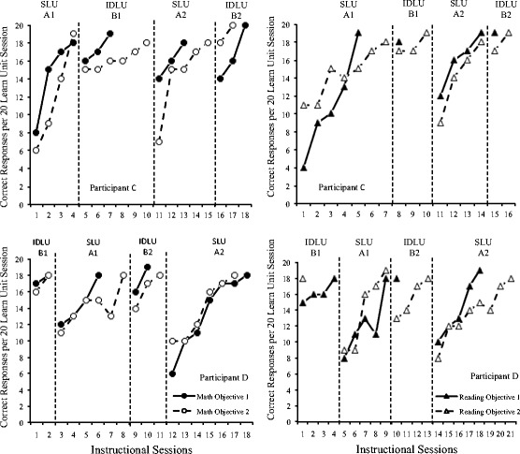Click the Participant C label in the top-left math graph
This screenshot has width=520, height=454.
[x=113, y=187]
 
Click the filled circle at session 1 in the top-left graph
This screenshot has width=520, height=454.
[x=36, y=133]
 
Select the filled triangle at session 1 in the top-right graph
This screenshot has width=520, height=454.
[x=303, y=168]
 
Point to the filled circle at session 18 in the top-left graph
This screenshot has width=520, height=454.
[x=245, y=25]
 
